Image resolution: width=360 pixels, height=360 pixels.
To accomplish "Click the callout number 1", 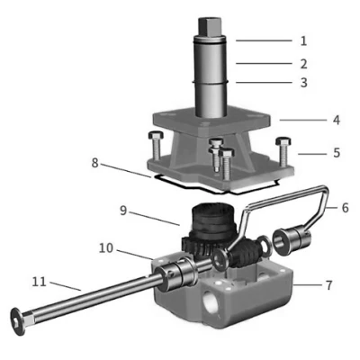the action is (x=303, y=40).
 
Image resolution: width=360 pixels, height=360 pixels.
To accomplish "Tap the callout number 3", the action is (x=303, y=83).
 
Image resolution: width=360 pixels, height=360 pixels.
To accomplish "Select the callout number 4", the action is (x=337, y=120).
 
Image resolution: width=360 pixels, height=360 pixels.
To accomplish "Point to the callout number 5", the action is (x=337, y=153).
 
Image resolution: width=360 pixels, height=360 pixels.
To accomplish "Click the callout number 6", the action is (x=346, y=208).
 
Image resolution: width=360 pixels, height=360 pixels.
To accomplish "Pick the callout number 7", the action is (x=329, y=285).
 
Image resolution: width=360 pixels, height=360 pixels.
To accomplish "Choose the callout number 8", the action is (x=94, y=163).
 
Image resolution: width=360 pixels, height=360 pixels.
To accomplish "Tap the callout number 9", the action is (x=123, y=211).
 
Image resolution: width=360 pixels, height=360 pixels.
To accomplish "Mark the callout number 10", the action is (x=106, y=248).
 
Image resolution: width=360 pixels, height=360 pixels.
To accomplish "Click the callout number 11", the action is (x=40, y=282).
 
